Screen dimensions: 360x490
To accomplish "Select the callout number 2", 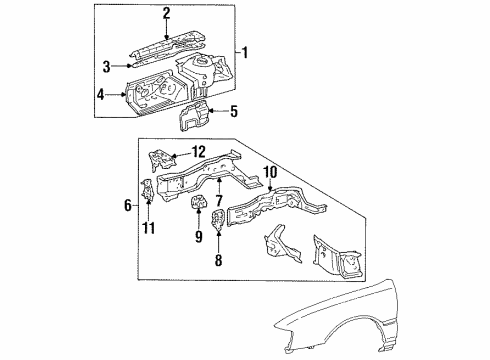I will pyautogui.click(x=167, y=12).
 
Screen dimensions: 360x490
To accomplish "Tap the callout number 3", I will pyautogui.click(x=106, y=65).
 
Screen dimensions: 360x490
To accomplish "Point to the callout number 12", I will pyautogui.click(x=200, y=151).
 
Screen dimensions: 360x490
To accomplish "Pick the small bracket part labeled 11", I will pyautogui.click(x=147, y=190).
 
